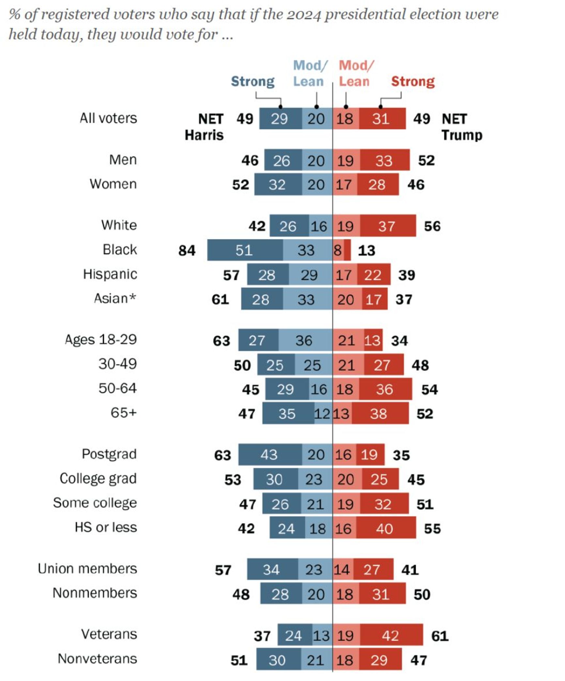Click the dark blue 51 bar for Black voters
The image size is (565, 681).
[x=245, y=250]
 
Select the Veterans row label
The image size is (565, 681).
[x=109, y=634]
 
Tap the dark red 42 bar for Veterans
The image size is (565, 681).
[x=391, y=635]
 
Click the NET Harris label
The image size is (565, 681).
[x=205, y=127]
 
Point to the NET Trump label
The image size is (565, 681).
[x=461, y=127]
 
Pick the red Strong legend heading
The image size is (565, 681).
[x=413, y=81]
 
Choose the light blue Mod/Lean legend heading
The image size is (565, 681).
[x=309, y=73]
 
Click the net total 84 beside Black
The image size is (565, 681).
[x=187, y=250]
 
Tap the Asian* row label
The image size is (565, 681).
[x=115, y=298]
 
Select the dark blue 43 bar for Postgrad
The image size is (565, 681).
[x=270, y=454]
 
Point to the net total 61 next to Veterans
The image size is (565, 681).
[x=439, y=636]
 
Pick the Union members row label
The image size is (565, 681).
[x=87, y=569]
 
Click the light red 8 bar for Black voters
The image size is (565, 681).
[x=338, y=250]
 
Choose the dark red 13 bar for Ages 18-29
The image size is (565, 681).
[x=373, y=340]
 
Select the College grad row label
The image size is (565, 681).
[x=98, y=479]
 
